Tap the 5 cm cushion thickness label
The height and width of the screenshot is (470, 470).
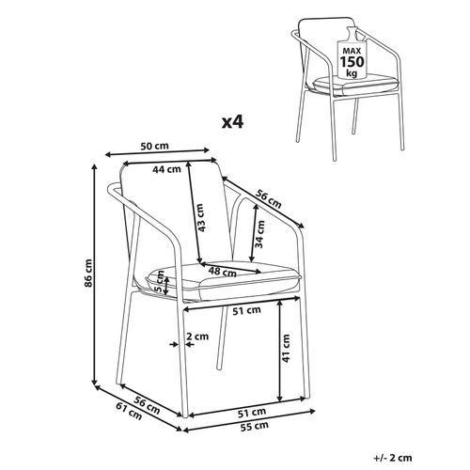click(161, 280)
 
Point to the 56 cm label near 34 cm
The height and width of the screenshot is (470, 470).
click(269, 201)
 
